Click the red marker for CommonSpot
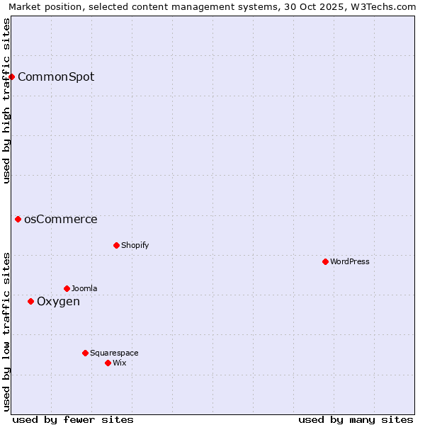(12, 76)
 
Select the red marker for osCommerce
(18, 219)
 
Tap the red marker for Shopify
(116, 245)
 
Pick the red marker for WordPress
(325, 261)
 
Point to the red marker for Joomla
(67, 288)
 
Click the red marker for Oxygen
(30, 301)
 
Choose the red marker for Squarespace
(85, 353)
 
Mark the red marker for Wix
(108, 363)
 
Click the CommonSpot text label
(56, 76)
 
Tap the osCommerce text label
(61, 219)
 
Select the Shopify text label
(135, 245)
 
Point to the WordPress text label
(350, 261)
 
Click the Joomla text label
(84, 288)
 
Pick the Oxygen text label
(58, 301)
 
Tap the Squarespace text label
(114, 353)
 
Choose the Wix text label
(119, 363)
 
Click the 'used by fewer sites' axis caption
(73, 419)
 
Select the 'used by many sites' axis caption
(356, 419)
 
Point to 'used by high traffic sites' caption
(6, 101)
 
